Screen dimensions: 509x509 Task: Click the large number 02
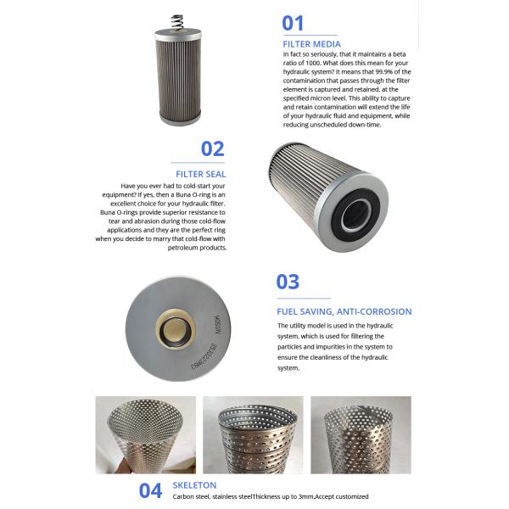[212, 148]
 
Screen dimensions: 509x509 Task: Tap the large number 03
[288, 282]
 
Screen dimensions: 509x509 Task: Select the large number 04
[150, 489]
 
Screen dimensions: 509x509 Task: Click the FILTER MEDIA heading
[311, 44]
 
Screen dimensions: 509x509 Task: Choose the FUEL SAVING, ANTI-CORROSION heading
[344, 311]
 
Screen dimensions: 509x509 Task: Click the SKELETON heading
[194, 485]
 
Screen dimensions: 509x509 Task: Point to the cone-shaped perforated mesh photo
[143, 434]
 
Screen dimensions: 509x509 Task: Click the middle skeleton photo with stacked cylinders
[252, 434]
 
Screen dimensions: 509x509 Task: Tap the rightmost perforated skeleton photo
[360, 434]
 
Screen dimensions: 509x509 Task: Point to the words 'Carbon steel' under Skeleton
[192, 496]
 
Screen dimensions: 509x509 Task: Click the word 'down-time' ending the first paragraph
[365, 124]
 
